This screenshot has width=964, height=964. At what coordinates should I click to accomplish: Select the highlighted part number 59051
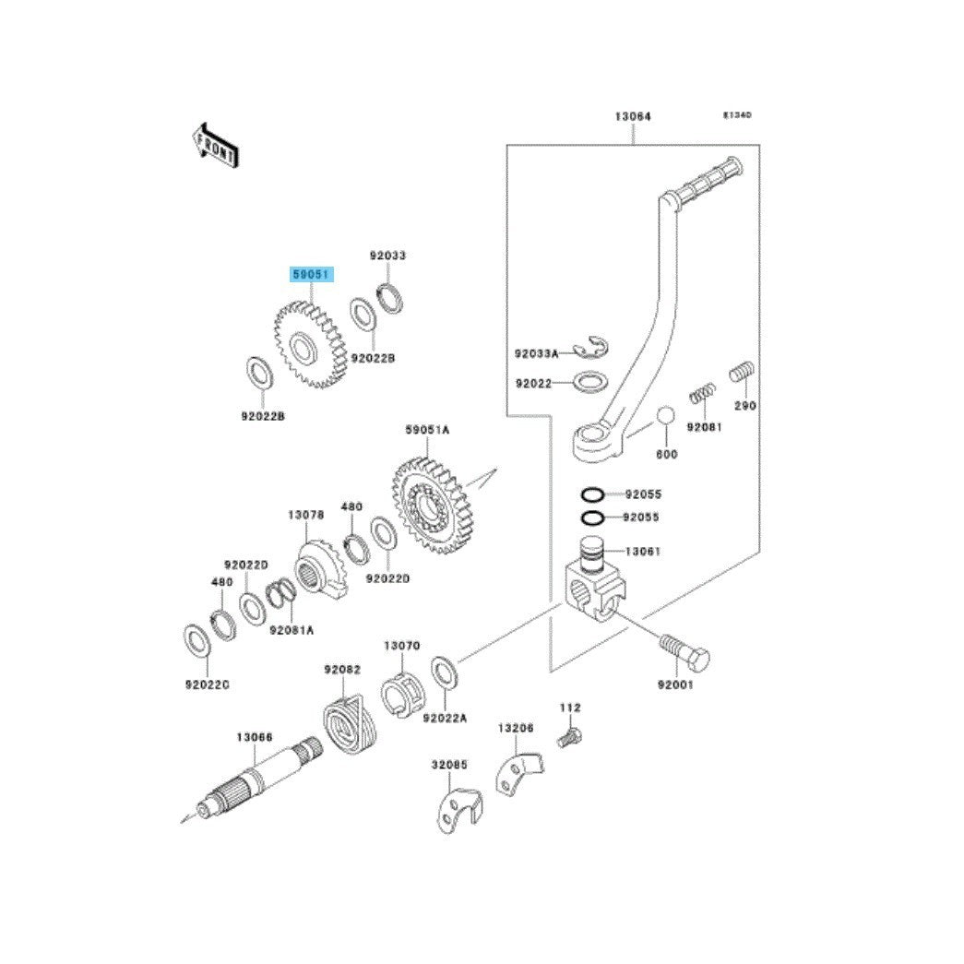click(310, 275)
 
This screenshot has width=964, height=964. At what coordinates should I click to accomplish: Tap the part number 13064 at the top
click(633, 117)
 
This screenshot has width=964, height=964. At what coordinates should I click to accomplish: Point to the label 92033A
click(536, 353)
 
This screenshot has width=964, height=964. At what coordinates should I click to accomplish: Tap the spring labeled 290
click(744, 374)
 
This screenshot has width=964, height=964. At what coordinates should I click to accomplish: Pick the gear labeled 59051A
click(432, 507)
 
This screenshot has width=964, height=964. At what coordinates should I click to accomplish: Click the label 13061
click(642, 551)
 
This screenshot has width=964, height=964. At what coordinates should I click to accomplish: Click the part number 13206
click(517, 728)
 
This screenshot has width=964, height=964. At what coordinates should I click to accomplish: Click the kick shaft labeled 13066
click(258, 776)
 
